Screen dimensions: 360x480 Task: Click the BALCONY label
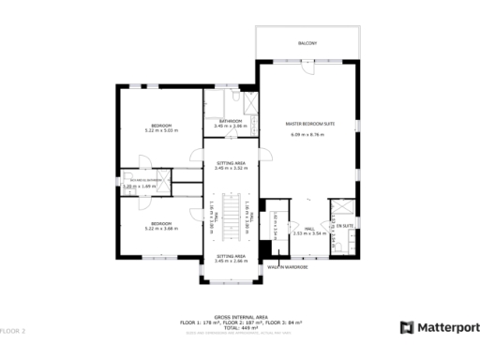(308, 43)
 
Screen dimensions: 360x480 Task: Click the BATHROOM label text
(231, 120)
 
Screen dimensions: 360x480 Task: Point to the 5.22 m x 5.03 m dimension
(161, 130)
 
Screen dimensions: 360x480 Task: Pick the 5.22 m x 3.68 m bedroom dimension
(161, 228)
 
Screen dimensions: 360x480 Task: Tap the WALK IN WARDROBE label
(288, 266)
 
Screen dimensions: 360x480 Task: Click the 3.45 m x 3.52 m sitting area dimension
(231, 168)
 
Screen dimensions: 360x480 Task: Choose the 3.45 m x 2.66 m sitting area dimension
(231, 261)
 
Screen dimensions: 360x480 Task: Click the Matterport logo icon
(408, 327)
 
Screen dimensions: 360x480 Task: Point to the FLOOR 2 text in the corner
(13, 331)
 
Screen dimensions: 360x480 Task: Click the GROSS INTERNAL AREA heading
(239, 317)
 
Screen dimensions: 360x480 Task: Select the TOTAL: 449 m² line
(239, 328)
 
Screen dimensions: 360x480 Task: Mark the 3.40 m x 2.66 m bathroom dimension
(231, 126)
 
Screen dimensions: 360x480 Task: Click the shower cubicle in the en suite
(344, 209)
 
